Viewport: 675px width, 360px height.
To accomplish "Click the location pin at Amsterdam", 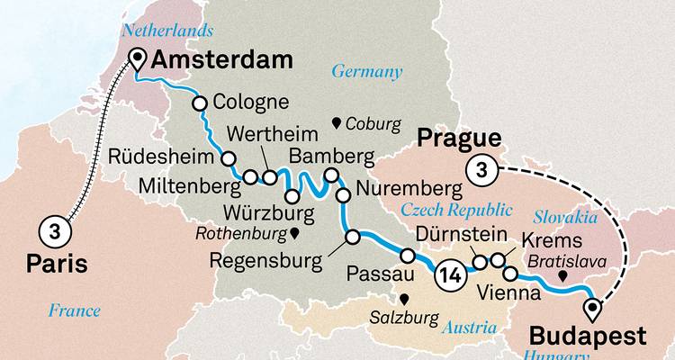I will click(x=138, y=59).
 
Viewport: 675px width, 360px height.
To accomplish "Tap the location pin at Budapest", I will click(x=592, y=310).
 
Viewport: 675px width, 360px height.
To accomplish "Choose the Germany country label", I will click(x=367, y=71).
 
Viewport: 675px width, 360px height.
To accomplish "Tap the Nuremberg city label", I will click(x=409, y=190).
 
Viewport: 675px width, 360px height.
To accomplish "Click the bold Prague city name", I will click(x=459, y=139).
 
